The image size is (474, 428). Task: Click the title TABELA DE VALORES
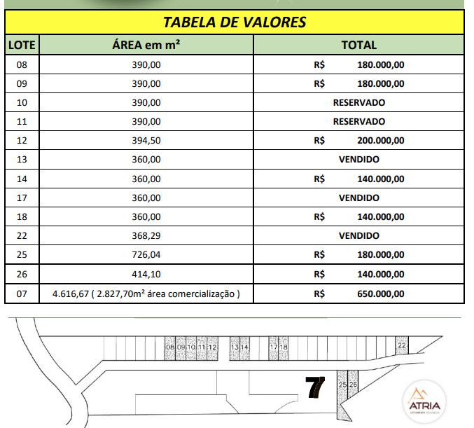click(235, 22)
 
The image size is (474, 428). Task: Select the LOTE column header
click(21, 46)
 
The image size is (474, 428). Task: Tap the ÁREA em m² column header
click(146, 46)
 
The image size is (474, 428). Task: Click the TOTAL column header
click(358, 46)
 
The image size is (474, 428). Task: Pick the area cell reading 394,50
click(146, 141)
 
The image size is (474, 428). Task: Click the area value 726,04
click(146, 255)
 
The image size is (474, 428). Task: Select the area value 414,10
click(146, 274)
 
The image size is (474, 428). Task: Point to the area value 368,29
click(146, 236)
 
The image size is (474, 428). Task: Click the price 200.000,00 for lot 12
click(377, 141)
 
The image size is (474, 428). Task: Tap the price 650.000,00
click(377, 294)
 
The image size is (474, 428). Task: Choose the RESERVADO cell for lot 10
click(358, 102)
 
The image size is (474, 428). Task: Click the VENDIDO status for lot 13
click(358, 160)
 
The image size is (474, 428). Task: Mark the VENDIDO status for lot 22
click(358, 236)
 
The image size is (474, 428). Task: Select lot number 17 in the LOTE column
click(21, 198)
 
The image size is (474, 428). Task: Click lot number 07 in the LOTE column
click(21, 294)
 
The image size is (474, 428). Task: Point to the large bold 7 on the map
click(316, 387)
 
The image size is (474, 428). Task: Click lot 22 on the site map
click(401, 345)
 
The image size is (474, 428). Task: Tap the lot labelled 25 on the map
click(342, 385)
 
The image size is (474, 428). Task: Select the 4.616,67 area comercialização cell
click(146, 294)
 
